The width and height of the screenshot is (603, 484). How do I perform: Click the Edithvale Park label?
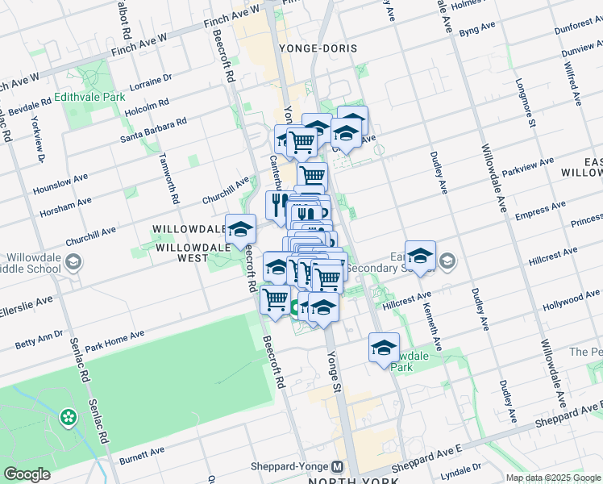pos(90,96)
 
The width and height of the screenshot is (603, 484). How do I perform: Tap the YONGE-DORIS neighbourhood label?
pos(318,48)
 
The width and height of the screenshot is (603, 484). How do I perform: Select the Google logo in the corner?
pos(27,474)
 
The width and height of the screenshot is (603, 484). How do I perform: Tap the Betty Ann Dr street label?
pos(39,339)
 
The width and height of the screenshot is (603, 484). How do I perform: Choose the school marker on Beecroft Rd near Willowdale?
pos(240,229)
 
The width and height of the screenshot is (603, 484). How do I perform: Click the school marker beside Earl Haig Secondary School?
pos(419,257)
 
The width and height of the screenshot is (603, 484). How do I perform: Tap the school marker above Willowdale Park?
pos(384,348)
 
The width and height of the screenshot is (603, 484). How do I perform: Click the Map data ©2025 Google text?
pos(552,478)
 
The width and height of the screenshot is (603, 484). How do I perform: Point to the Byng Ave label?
pos(476,29)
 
